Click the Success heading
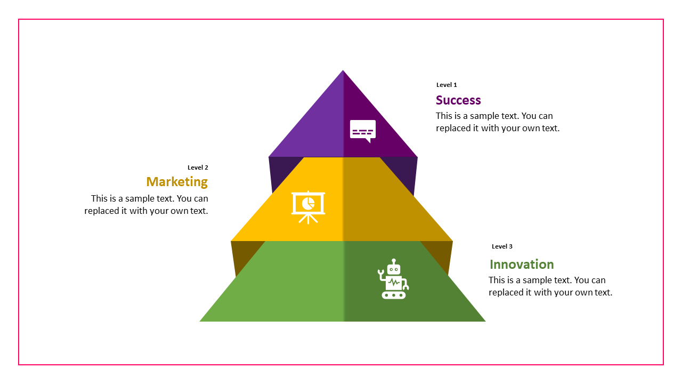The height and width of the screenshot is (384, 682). pos(458,100)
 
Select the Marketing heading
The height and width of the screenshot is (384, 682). pos(177,182)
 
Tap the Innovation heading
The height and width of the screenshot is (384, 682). pos(522,265)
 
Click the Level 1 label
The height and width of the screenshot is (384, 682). pos(446,85)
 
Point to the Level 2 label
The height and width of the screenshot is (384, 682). pos(198,167)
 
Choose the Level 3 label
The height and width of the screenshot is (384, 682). pos(502,246)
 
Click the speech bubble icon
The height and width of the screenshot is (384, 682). pos(363,131)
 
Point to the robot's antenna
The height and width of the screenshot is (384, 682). pos(394,261)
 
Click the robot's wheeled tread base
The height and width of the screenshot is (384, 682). pos(394,295)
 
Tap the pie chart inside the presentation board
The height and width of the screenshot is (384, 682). pos(308,203)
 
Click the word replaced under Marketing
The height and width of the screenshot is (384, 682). pos(103,211)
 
